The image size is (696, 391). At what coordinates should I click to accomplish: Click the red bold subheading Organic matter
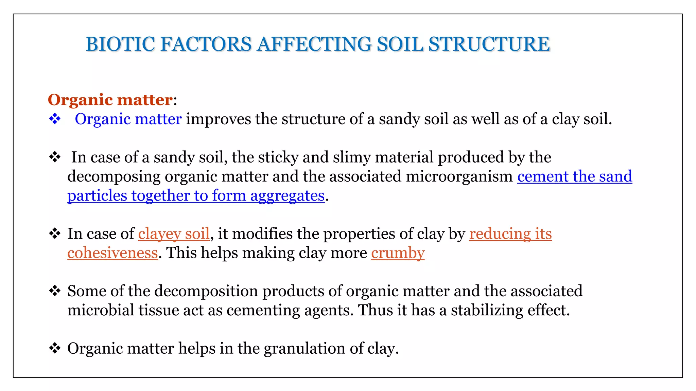[x=110, y=100]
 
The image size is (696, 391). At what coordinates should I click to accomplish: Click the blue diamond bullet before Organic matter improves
[x=55, y=119]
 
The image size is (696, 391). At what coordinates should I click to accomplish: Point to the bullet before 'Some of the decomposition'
[x=55, y=291]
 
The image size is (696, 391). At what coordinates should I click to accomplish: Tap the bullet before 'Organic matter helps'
[x=55, y=348]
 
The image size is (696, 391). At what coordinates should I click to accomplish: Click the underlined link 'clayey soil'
[x=174, y=234]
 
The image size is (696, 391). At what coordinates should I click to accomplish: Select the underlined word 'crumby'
[x=398, y=253]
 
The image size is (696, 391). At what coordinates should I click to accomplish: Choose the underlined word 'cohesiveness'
[x=112, y=253]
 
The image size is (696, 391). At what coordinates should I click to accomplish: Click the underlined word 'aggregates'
[x=287, y=196]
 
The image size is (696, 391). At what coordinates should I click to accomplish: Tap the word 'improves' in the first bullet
[x=219, y=119]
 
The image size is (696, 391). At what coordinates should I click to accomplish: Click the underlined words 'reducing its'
[x=510, y=234]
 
